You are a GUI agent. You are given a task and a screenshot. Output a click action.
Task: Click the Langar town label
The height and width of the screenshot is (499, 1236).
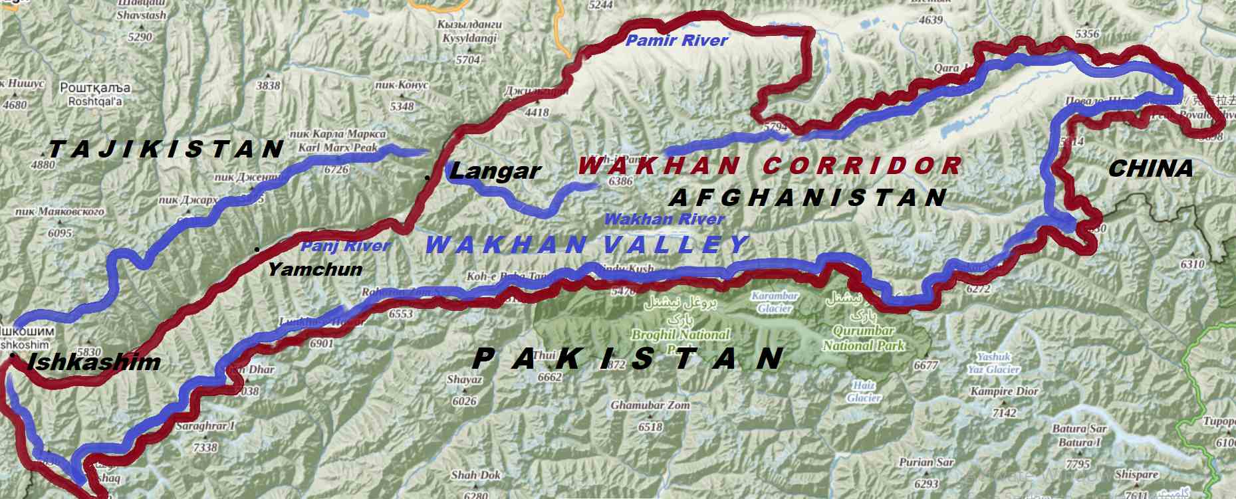pyautogui.click(x=495, y=171)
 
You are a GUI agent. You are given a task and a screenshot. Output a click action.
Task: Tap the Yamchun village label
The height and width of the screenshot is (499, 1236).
pyautogui.click(x=314, y=269)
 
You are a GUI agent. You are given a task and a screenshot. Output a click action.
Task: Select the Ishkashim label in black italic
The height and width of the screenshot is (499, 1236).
pyautogui.click(x=94, y=362)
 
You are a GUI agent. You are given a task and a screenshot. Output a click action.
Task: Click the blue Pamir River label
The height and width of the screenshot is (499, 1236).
pyautogui.click(x=677, y=41)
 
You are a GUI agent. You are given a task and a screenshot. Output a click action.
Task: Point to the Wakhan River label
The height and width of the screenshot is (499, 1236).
pyautogui.click(x=664, y=219)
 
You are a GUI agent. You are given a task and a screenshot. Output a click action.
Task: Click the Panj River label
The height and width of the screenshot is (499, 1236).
pyautogui.click(x=345, y=247)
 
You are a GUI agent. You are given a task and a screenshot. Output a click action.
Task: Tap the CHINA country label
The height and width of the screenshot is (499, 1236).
pyautogui.click(x=1150, y=169)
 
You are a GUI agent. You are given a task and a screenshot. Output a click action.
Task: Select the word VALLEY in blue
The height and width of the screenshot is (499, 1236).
pyautogui.click(x=676, y=245)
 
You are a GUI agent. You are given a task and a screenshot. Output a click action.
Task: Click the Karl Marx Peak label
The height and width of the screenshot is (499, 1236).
pyautogui.click(x=338, y=148)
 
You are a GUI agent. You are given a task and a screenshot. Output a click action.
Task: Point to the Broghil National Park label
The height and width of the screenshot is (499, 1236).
pyautogui.click(x=680, y=335)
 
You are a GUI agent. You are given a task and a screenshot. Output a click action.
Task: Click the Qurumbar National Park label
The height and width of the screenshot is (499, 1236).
pyautogui.click(x=864, y=338)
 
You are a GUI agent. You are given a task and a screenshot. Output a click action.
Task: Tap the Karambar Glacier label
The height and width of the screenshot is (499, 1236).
pyautogui.click(x=775, y=302)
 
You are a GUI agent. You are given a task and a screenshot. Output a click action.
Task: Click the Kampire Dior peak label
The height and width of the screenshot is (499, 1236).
pyautogui.click(x=1004, y=391)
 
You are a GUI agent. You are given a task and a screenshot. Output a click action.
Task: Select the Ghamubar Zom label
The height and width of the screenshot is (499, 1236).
pyautogui.click(x=650, y=405)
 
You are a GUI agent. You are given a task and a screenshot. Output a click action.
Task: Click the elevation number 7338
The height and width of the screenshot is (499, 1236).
pyautogui.click(x=205, y=447)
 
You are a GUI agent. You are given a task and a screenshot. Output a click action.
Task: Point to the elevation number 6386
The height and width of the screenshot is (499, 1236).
pyautogui.click(x=620, y=181)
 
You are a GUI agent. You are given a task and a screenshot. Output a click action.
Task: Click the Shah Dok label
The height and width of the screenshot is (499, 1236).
pyautogui.click(x=475, y=475)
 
